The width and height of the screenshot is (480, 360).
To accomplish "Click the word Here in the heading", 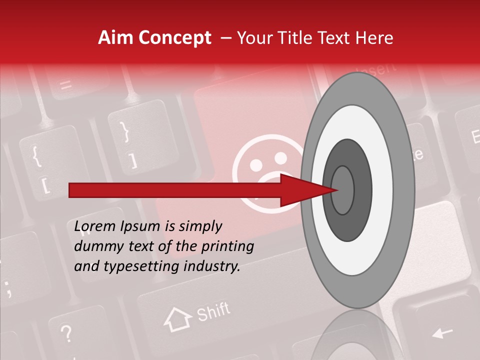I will (375, 38).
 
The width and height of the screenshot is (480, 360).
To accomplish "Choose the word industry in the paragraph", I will (212, 266).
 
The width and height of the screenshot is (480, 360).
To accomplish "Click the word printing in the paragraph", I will (227, 246).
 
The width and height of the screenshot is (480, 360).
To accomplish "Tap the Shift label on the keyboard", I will (213, 312).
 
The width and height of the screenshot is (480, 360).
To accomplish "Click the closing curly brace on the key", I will (125, 131).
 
